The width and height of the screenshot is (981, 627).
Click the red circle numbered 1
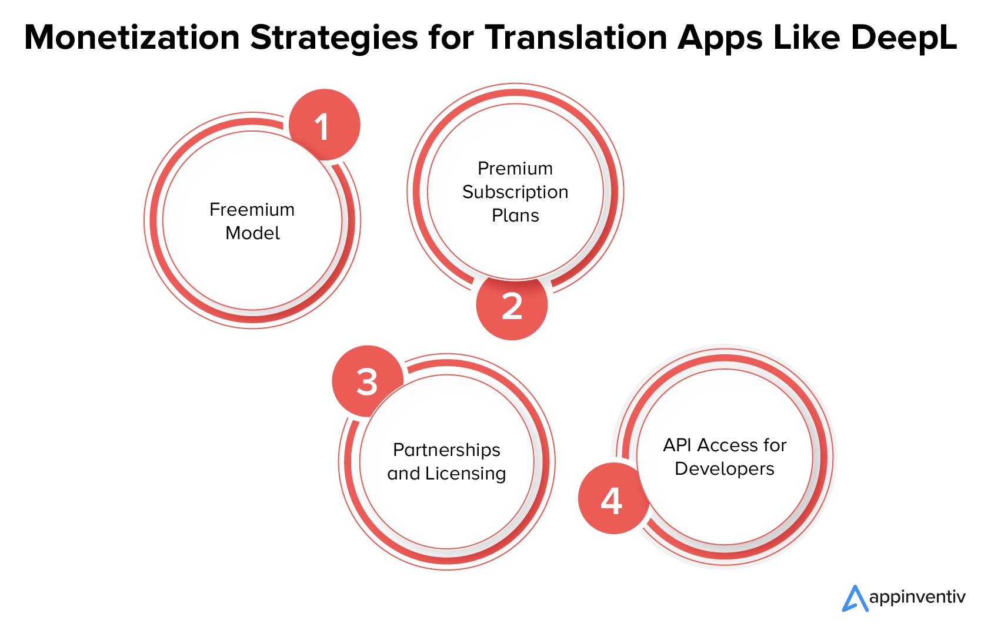[x=325, y=125]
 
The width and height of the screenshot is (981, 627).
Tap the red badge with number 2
[x=512, y=304]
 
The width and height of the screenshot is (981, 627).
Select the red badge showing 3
[x=368, y=381]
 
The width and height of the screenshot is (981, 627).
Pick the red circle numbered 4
[x=613, y=498]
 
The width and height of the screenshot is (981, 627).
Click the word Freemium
[x=252, y=210]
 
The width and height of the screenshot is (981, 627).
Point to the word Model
[x=252, y=233]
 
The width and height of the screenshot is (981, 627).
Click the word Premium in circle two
[x=515, y=169]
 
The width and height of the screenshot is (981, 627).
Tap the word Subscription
[x=515, y=193]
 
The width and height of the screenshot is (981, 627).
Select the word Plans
[x=515, y=215]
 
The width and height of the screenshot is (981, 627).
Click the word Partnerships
[x=446, y=450]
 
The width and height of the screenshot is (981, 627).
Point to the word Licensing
[x=466, y=474]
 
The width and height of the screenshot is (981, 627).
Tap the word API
[x=678, y=445]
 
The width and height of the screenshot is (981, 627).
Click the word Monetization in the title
[x=132, y=37]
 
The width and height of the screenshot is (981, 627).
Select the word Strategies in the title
[x=334, y=39]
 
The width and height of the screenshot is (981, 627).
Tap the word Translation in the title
[x=576, y=37]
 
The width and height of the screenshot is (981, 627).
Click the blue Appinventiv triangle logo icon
[x=855, y=598]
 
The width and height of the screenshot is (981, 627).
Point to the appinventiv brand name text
[x=917, y=598]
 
